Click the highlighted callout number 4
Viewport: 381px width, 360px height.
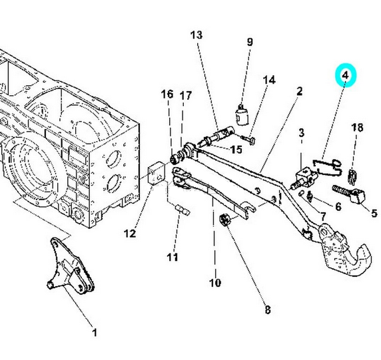(345, 75)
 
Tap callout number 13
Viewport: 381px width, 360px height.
(196, 35)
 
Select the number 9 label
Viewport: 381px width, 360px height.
(250, 42)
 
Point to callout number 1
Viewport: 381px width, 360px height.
(95, 332)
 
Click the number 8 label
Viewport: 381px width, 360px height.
(267, 309)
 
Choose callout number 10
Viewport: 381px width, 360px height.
(215, 283)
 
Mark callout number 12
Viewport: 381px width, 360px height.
(130, 234)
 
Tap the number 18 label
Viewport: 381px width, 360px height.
(357, 128)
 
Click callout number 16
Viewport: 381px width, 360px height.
(167, 94)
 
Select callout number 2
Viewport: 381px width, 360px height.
(300, 91)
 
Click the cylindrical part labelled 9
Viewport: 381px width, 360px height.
(242, 114)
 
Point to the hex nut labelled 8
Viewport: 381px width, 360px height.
(225, 220)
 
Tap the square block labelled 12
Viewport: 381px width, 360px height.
(157, 173)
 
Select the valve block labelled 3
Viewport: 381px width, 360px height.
(304, 178)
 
